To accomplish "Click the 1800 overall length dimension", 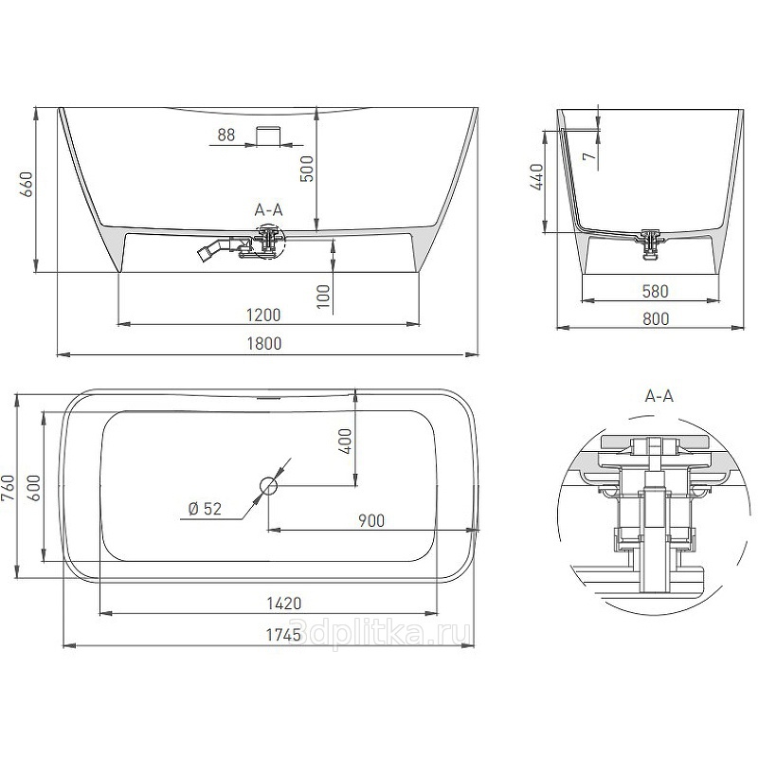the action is [x=264, y=344].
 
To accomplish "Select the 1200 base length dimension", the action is [x=263, y=316].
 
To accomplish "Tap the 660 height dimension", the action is [x=26, y=184].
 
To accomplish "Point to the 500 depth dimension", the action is [x=307, y=169].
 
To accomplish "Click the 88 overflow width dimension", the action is [x=226, y=135].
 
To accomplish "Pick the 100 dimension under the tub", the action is [x=323, y=296].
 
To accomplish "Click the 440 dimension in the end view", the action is [x=536, y=177].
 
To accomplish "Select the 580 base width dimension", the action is [x=655, y=292].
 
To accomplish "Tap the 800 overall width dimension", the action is [x=656, y=319].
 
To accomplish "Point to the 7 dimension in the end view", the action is [x=588, y=155].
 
